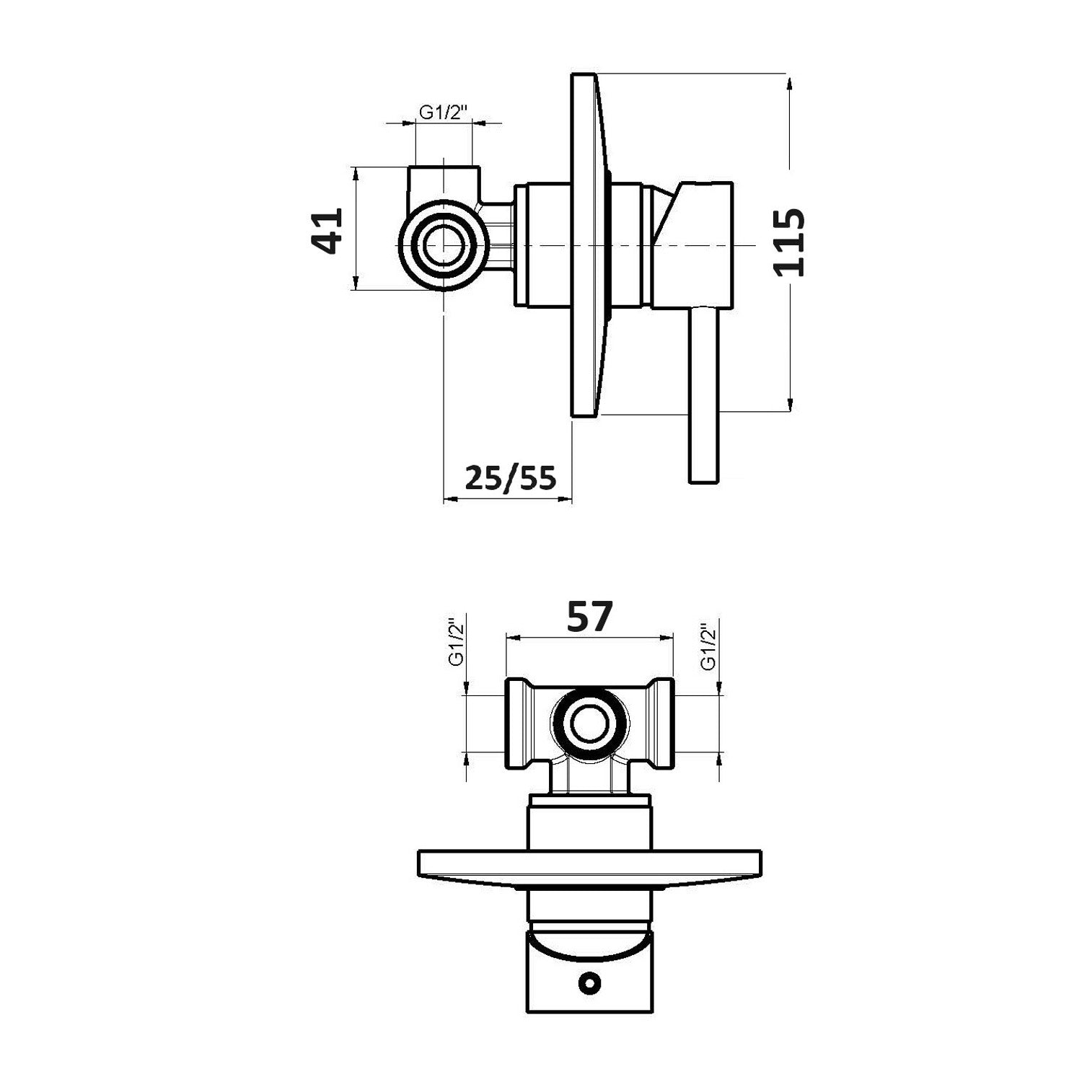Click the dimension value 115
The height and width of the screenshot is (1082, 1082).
point(788,242)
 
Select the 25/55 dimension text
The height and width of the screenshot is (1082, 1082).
point(511,477)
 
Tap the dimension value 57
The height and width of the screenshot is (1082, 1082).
point(589,617)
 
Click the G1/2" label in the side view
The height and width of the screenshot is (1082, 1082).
point(444,113)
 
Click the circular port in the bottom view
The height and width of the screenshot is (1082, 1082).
point(589,724)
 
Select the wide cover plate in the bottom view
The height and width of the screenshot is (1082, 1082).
point(589,863)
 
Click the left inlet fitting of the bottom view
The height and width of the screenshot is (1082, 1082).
point(519,724)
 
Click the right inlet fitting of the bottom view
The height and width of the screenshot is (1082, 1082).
point(660,724)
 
